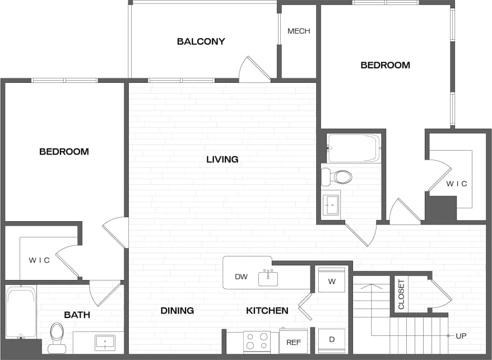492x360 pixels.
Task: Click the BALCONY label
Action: pos(201,41)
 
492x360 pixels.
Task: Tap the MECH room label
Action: pos(299,31)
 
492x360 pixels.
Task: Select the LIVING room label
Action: pos(222,160)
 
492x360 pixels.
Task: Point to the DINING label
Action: pos(177,311)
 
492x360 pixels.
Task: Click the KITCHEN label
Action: pos(267,311)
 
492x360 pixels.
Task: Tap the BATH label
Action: pos(77,315)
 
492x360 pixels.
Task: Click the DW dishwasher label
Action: pos(241,277)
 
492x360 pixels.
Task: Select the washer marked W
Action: pos(332,280)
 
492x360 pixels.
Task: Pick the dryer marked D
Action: pos(332,340)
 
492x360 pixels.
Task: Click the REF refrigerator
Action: pos(294,342)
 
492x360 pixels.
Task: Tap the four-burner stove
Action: pos(257,342)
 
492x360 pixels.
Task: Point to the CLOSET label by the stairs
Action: pos(401,295)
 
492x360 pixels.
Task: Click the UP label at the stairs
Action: pos(461,336)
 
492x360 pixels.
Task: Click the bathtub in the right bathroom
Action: pos(354,148)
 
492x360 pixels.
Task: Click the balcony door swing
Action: pos(253,70)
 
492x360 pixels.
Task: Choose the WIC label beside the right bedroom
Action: pos(457,184)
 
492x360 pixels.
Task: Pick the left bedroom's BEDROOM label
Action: pos(64,152)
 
